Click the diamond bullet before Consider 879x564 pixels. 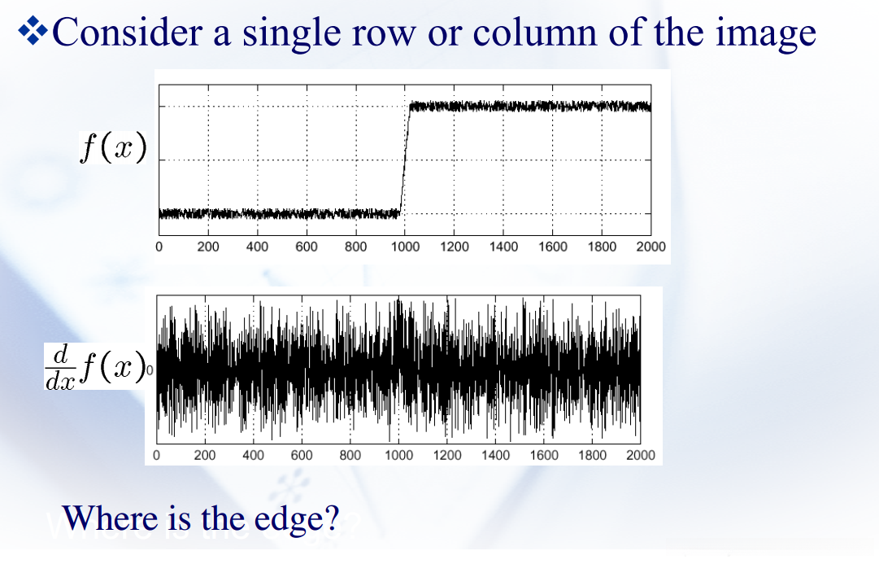pos(33,31)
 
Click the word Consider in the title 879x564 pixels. pos(127,33)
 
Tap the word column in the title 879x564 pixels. pos(534,33)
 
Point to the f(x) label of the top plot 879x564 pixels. pos(113,148)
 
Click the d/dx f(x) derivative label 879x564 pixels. pos(95,367)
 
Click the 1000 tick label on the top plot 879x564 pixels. pos(405,247)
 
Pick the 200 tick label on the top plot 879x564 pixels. pos(208,247)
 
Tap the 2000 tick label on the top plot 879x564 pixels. pos(651,247)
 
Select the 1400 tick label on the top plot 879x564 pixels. pos(503,247)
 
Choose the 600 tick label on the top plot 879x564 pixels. pos(307,247)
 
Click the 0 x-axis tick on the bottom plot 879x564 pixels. pos(156,455)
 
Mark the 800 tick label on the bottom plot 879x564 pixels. pos(350,455)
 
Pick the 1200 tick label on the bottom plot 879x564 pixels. pos(446,455)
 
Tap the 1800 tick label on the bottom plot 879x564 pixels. pos(592,455)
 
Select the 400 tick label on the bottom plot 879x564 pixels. pos(253,455)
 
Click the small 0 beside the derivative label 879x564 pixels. pos(149,369)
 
